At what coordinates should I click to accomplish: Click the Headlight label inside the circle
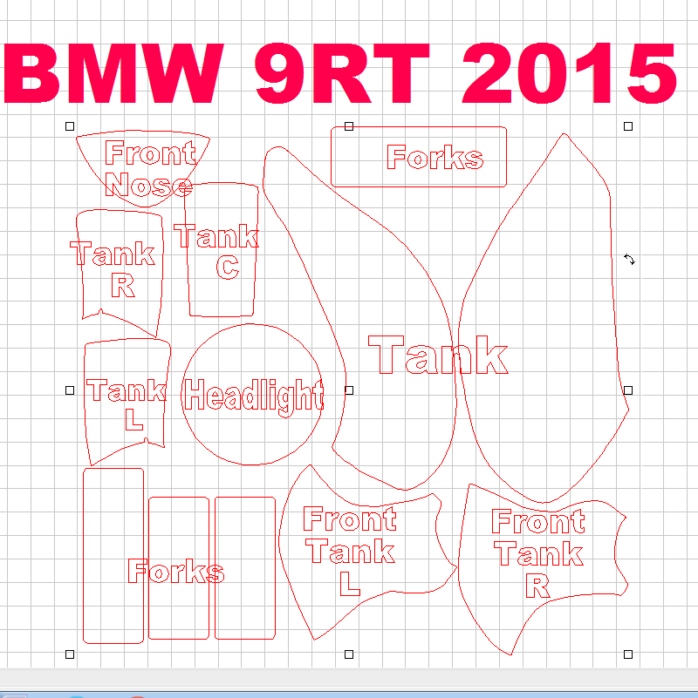pos(254,396)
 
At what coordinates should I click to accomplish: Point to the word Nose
pos(147,185)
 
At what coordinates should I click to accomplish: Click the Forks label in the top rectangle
pos(435,158)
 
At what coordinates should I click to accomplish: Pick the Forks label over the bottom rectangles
pos(175,572)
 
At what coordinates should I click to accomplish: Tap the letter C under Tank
pos(227,267)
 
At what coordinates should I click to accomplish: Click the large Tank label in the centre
pos(438,356)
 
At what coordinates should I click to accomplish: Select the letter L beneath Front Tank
pos(349,583)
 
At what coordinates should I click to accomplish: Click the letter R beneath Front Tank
pos(537,586)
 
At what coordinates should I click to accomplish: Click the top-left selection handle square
pos(70,126)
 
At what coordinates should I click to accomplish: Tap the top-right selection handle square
pos(628,126)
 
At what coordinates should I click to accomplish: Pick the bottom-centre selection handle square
pos(349,654)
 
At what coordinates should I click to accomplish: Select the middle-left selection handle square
pos(70,390)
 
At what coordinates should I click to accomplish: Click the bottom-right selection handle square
pos(628,654)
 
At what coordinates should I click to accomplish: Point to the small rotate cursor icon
pos(629,260)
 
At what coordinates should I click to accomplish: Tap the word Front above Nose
pos(149,153)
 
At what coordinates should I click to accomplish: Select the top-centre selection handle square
pos(349,126)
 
